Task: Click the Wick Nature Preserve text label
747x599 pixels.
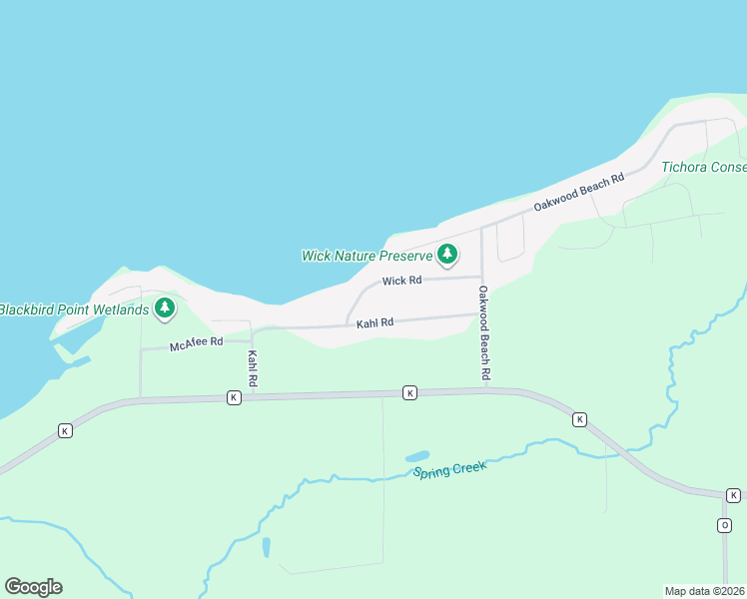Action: tap(367, 256)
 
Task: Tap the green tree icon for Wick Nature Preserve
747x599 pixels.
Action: tap(447, 256)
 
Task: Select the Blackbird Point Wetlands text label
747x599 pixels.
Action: tap(73, 309)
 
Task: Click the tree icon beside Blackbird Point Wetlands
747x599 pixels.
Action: tap(164, 309)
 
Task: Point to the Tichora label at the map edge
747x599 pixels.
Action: tap(703, 167)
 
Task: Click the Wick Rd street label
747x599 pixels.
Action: tap(401, 282)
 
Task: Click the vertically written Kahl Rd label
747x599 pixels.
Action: tap(253, 368)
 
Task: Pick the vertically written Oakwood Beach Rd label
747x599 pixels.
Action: tap(483, 332)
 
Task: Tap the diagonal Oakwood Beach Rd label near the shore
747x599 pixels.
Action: tap(578, 191)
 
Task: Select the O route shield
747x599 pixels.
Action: tap(725, 525)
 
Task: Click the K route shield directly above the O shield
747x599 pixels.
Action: tap(733, 495)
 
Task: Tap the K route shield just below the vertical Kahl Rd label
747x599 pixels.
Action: tap(233, 397)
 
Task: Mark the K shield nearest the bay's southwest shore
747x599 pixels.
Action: tap(65, 430)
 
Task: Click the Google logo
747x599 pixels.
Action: tap(33, 586)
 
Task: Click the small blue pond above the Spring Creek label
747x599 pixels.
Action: tap(417, 457)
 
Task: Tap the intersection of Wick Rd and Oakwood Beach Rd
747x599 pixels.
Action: tap(482, 278)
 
